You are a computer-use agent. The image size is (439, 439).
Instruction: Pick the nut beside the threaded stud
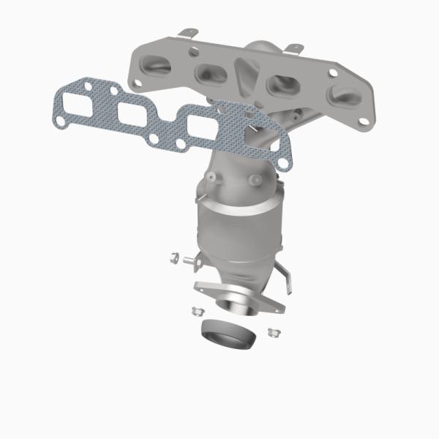tap(174, 257)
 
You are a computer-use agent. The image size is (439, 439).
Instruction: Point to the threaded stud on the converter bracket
tap(192, 258)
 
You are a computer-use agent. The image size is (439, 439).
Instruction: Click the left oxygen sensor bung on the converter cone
tap(217, 177)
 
